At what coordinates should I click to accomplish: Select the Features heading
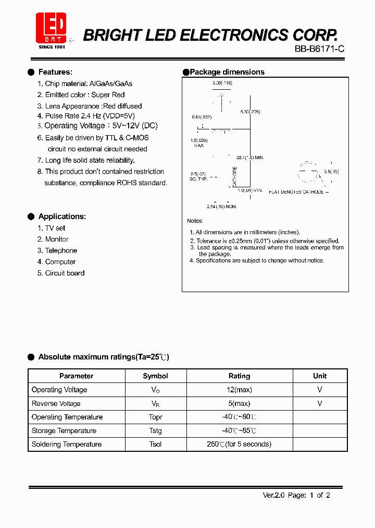55,72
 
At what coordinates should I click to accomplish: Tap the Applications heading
62,217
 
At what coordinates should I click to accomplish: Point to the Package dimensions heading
227,72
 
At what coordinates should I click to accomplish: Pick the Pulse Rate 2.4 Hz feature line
90,116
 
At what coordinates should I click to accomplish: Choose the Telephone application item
61,250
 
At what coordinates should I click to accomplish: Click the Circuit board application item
65,273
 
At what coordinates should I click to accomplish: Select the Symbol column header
155,376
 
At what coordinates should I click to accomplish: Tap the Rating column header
239,376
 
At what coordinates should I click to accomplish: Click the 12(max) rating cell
239,390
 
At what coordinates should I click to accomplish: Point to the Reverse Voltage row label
56,403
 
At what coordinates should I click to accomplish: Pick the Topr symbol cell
155,417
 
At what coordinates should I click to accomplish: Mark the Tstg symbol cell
155,430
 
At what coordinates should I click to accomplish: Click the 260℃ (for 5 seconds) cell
239,444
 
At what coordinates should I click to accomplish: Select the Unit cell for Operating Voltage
320,390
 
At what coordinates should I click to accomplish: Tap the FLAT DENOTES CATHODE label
296,192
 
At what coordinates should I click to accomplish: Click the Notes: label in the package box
195,221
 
